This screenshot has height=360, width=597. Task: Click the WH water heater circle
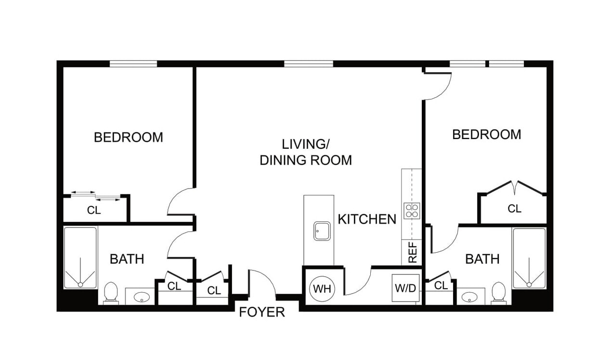coord(322,289)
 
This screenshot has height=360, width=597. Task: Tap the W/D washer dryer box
coord(405,288)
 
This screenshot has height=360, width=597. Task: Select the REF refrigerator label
coord(412,252)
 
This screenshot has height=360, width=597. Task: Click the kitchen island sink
coord(322,231)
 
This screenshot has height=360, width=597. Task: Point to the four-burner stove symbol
coord(412,211)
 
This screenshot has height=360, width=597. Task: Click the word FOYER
coord(262,312)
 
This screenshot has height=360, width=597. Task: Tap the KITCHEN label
coord(367,219)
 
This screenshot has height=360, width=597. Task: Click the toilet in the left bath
coord(111,294)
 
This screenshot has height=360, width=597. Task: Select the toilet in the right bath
coord(498,293)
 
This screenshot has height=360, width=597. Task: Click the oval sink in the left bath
coord(141,297)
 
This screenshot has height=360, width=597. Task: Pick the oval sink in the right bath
coord(469,297)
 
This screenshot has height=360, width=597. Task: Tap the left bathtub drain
coord(80,285)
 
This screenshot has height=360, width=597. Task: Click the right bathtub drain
coord(529,285)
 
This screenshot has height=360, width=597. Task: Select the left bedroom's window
coord(133,64)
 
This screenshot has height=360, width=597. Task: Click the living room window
coord(309,64)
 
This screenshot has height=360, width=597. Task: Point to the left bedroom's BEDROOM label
coord(129,138)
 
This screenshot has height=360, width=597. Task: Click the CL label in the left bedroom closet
coord(94,210)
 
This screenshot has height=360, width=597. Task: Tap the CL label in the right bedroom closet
coord(514,209)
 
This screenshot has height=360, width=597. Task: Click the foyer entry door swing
coord(262,282)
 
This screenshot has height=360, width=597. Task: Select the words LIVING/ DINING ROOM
coord(306,153)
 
